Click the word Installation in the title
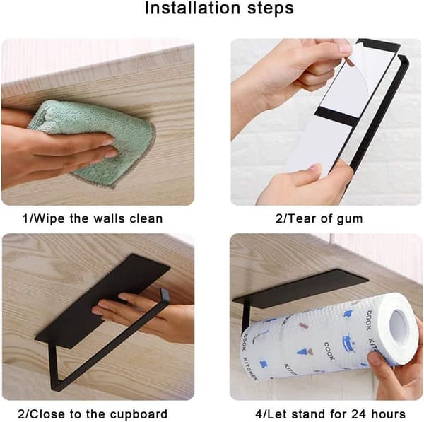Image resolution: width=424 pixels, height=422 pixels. coord(192,8)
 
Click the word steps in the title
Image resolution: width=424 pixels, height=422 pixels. coord(271,9)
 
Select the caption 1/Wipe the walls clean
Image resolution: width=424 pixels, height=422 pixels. coord(93,218)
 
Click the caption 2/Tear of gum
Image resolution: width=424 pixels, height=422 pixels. coord(319,219)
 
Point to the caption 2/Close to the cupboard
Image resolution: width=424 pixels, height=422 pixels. coord(93,414)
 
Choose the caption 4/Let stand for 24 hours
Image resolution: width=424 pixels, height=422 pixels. coord(330,414)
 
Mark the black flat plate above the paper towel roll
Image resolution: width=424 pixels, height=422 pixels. coord(300,288)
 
